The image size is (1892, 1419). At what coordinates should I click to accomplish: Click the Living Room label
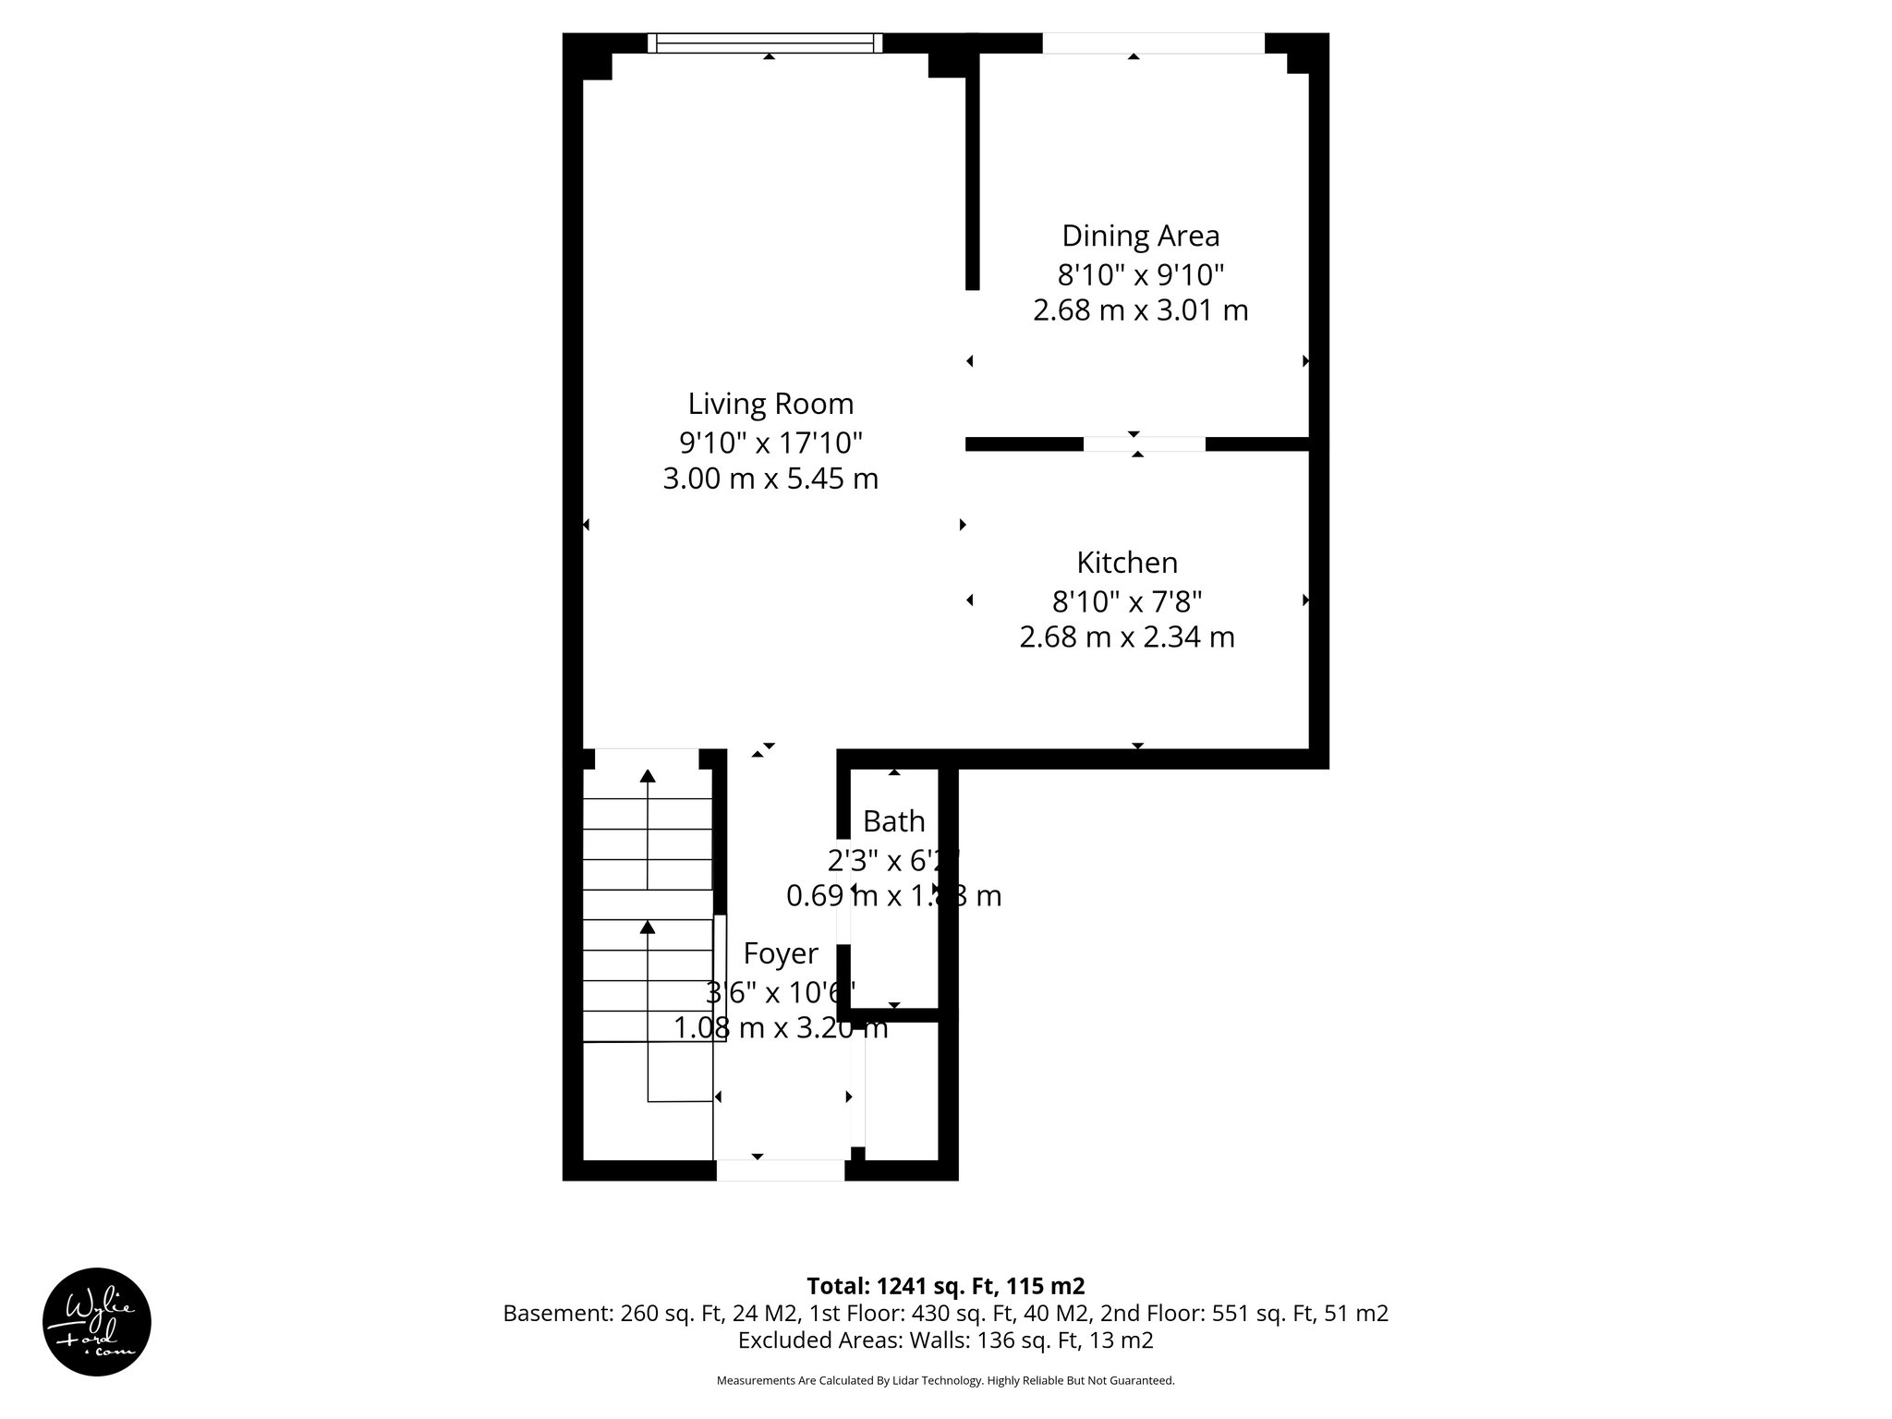pyautogui.click(x=770, y=404)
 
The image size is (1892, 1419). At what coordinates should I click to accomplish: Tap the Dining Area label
pyautogui.click(x=1140, y=236)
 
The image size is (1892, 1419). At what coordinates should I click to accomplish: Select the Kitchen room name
pyautogui.click(x=1127, y=563)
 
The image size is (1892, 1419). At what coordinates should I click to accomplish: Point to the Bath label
pyautogui.click(x=893, y=820)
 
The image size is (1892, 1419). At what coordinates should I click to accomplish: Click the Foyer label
pyautogui.click(x=781, y=953)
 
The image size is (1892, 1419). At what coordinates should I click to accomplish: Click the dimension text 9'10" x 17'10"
pyautogui.click(x=770, y=443)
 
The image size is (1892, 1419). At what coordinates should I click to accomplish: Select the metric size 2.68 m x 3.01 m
pyautogui.click(x=1140, y=310)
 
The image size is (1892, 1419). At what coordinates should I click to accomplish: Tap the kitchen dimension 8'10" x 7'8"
pyautogui.click(x=1127, y=601)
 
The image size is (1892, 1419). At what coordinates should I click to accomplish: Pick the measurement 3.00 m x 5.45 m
pyautogui.click(x=770, y=479)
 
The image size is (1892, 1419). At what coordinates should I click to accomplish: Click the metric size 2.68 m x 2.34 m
pyautogui.click(x=1127, y=637)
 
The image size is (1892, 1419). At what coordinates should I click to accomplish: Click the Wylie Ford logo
pyautogui.click(x=97, y=1322)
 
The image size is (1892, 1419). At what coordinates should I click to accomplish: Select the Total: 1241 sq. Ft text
pyautogui.click(x=945, y=1286)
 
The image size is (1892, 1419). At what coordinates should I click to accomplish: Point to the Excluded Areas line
pyautogui.click(x=945, y=1340)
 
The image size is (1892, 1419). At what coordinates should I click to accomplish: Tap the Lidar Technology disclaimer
pyautogui.click(x=945, y=1380)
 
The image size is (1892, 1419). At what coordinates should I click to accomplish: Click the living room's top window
pyautogui.click(x=765, y=42)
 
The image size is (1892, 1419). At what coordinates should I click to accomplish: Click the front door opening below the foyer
pyautogui.click(x=781, y=1170)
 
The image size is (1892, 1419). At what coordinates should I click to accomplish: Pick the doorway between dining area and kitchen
pyautogui.click(x=1144, y=444)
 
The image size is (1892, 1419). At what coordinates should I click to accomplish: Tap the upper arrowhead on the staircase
pyautogui.click(x=648, y=776)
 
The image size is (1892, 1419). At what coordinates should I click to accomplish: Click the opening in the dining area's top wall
pyautogui.click(x=1153, y=42)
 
